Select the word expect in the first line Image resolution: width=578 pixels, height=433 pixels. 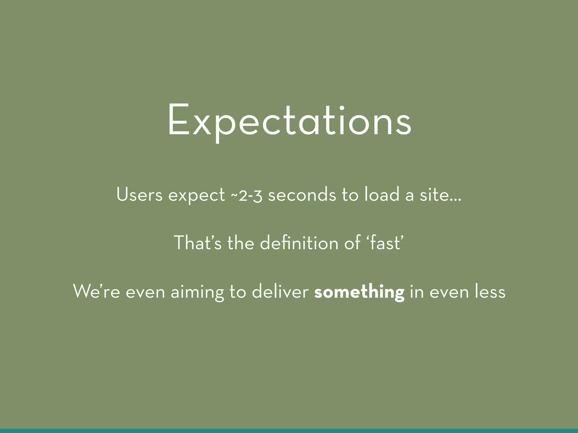click(x=196, y=195)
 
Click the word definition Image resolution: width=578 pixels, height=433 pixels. click(x=299, y=243)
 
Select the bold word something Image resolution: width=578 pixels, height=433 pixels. click(x=359, y=292)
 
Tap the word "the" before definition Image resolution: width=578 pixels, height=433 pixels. click(x=240, y=243)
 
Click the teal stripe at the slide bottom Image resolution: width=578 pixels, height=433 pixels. click(x=289, y=431)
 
